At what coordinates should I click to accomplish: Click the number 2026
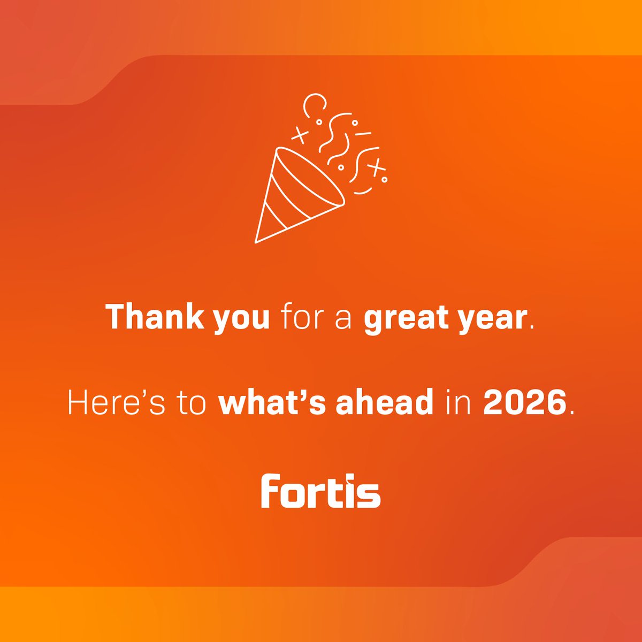tap(525, 403)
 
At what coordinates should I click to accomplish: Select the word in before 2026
tap(460, 403)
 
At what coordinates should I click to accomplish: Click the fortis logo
tap(320, 490)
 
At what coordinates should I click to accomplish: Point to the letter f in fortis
tap(270, 490)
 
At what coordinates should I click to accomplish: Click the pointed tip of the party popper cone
tap(256, 242)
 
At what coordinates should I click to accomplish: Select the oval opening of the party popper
tap(310, 177)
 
